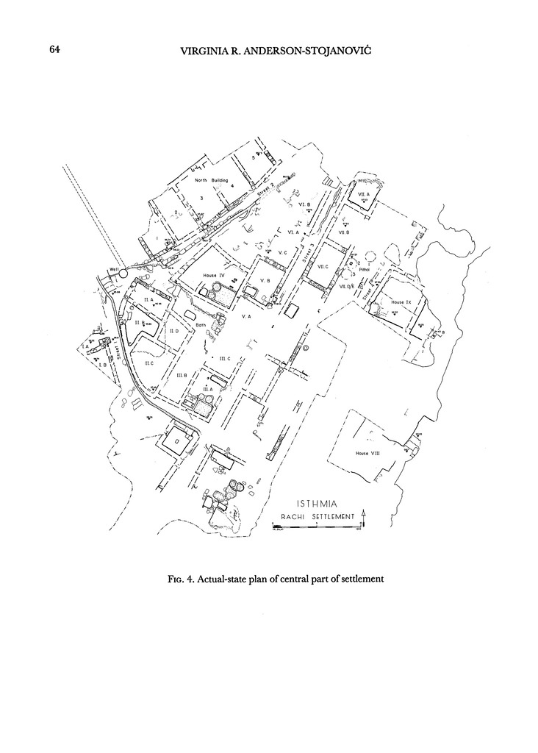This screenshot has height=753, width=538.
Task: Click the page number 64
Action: [x=54, y=49]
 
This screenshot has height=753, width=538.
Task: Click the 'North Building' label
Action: [x=212, y=180]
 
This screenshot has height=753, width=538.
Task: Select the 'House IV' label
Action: [x=213, y=275]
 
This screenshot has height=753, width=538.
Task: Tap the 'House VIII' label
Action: [x=367, y=453]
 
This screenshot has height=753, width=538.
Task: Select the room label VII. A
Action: [x=364, y=193]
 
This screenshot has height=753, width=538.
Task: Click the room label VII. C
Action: [x=323, y=266]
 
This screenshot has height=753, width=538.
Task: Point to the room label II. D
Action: [x=174, y=332]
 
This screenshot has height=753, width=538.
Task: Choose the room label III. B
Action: [x=181, y=375]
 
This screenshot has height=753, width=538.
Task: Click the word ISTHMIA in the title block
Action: [x=316, y=504]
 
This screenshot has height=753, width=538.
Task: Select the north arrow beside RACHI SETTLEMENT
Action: [x=363, y=515]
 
